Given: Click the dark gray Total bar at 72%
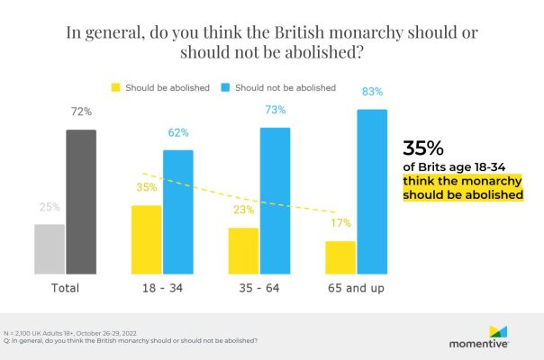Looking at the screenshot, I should pos(81,202).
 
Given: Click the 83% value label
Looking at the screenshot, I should pos(373,92).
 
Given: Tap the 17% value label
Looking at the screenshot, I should pos(341,224).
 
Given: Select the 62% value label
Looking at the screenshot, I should pos(178,132).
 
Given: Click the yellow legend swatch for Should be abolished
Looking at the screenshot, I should pos(115,88).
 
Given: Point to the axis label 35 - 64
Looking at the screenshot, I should pos(259,289).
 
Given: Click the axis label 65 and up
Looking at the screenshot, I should pos(357,289).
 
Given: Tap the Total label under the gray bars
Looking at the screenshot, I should pos(65,289).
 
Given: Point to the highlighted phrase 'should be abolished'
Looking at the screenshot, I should pos(463,194).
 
